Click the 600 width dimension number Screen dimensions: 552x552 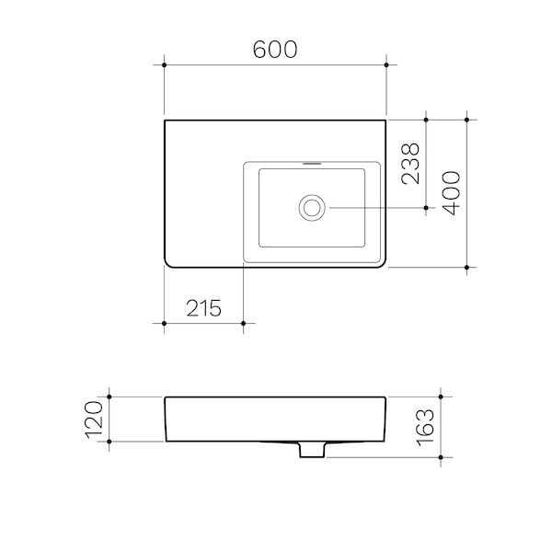275,50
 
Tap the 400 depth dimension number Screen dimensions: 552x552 451,192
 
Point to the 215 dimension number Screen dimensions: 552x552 202,308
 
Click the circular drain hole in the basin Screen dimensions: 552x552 312,207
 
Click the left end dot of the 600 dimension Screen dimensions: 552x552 164,64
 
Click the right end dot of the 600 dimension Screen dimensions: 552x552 386,64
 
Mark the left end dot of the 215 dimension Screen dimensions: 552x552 164,323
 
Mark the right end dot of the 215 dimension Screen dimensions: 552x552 243,323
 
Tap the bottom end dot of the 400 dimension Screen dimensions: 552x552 468,268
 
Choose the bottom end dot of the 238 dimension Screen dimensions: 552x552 426,208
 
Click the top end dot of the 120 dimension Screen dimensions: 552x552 109,397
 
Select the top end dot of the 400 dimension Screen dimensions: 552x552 468,119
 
